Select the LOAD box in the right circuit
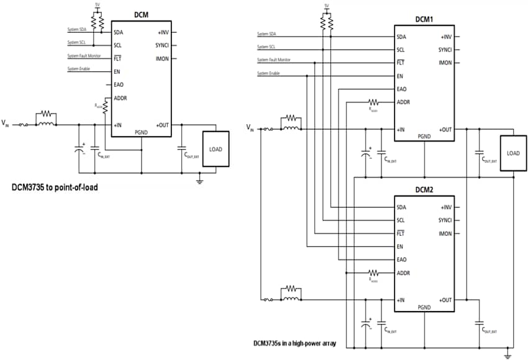coord(512,153)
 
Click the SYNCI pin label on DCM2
coord(445,220)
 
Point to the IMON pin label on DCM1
coord(445,63)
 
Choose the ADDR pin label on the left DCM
coord(121,98)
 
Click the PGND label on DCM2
coord(424,307)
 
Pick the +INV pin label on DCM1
coord(445,37)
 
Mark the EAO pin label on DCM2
coord(401,259)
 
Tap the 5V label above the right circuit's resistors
coord(327,6)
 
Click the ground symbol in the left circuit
coord(199,181)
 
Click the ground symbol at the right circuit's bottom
coord(508,356)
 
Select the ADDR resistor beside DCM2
coord(374,272)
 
